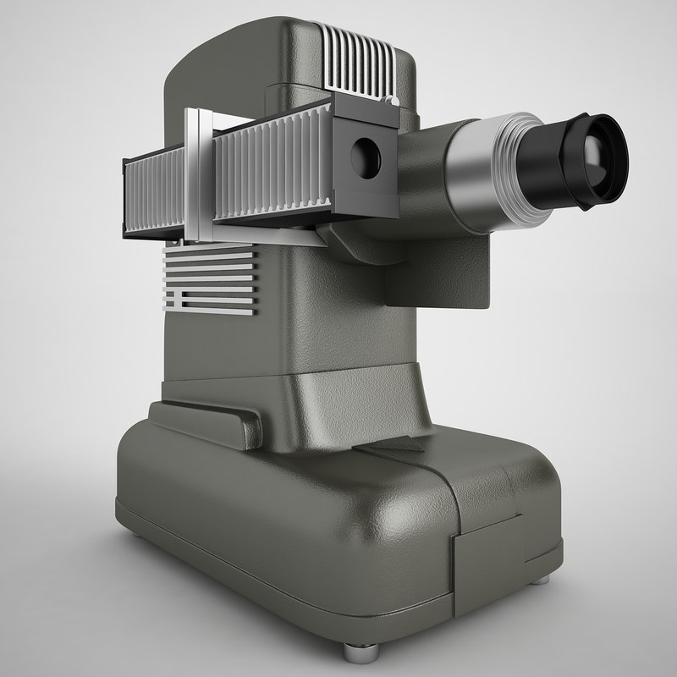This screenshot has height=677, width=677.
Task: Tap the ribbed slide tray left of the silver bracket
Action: (157, 190)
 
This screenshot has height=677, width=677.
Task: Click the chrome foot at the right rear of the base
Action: (539, 579)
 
